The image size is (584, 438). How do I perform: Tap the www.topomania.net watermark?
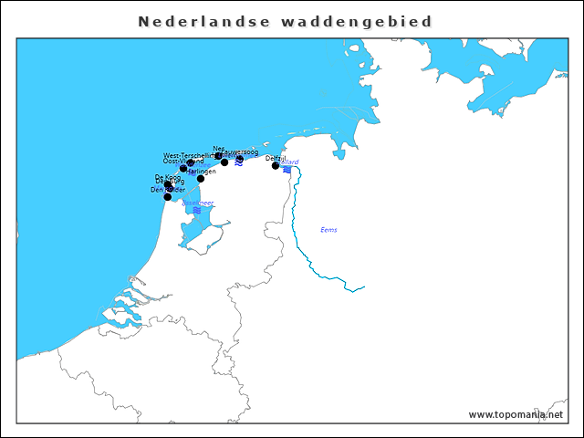click(x=516, y=414)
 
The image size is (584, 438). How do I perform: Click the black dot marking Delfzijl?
click(x=276, y=166)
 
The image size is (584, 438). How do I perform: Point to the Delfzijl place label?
click(x=275, y=158)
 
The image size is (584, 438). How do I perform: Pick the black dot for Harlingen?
click(x=201, y=179)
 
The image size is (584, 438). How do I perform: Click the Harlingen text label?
click(x=202, y=172)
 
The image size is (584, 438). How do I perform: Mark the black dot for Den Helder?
click(x=167, y=196)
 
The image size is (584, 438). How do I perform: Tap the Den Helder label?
click(x=168, y=189)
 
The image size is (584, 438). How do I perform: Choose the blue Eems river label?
click(x=328, y=230)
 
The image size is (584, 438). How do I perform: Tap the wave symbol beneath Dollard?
click(x=287, y=170)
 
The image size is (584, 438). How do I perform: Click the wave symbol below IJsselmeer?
click(x=197, y=211)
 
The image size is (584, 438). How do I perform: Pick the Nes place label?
click(x=218, y=149)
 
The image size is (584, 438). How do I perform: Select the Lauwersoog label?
click(x=240, y=152)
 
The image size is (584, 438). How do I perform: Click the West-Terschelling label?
click(x=188, y=156)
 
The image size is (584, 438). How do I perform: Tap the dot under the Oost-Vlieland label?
click(x=183, y=169)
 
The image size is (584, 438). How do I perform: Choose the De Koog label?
click(x=167, y=177)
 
